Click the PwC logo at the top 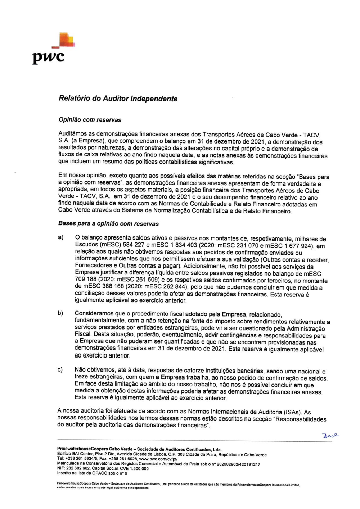pos(54,49)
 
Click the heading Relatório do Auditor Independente pos(118,99)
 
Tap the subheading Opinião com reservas pos(90,120)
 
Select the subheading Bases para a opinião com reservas pos(108,223)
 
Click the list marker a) pos(61,237)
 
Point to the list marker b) pos(61,313)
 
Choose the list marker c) pos(60,369)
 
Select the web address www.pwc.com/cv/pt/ pos(158,459)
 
